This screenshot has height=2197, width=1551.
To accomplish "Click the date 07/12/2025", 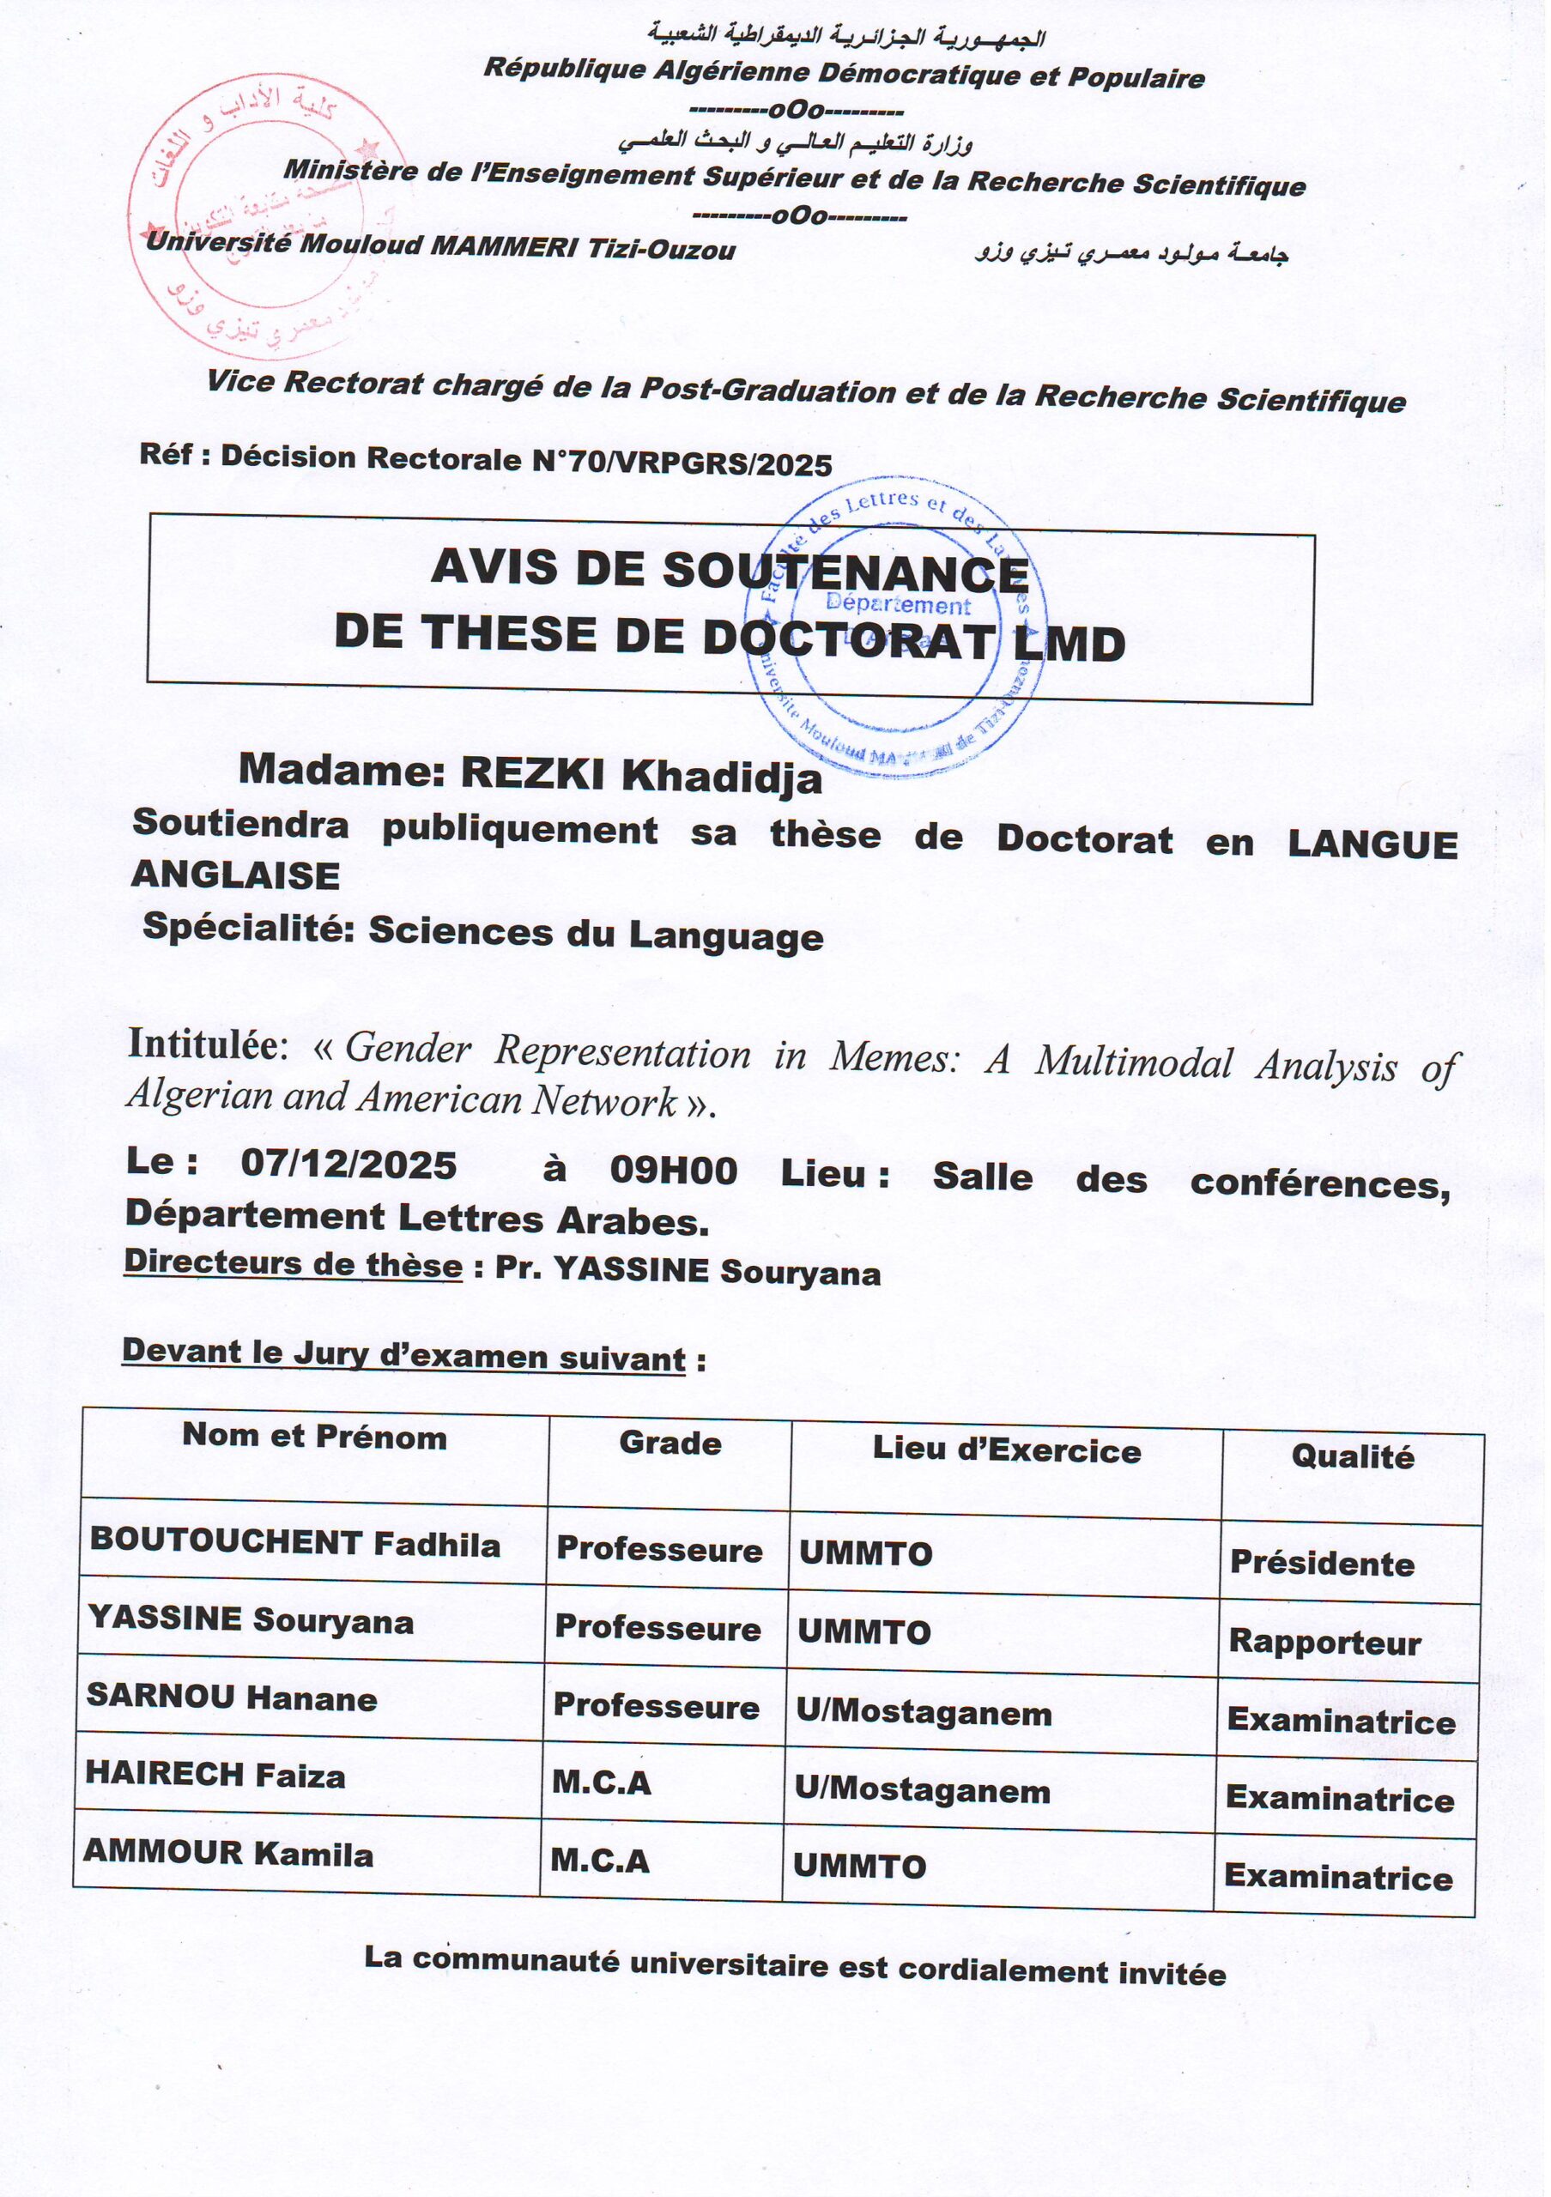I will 348,1165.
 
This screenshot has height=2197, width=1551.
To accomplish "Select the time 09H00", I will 674,1171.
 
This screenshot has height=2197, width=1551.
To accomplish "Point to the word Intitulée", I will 207,1044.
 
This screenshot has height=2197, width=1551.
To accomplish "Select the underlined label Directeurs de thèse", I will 293,1264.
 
